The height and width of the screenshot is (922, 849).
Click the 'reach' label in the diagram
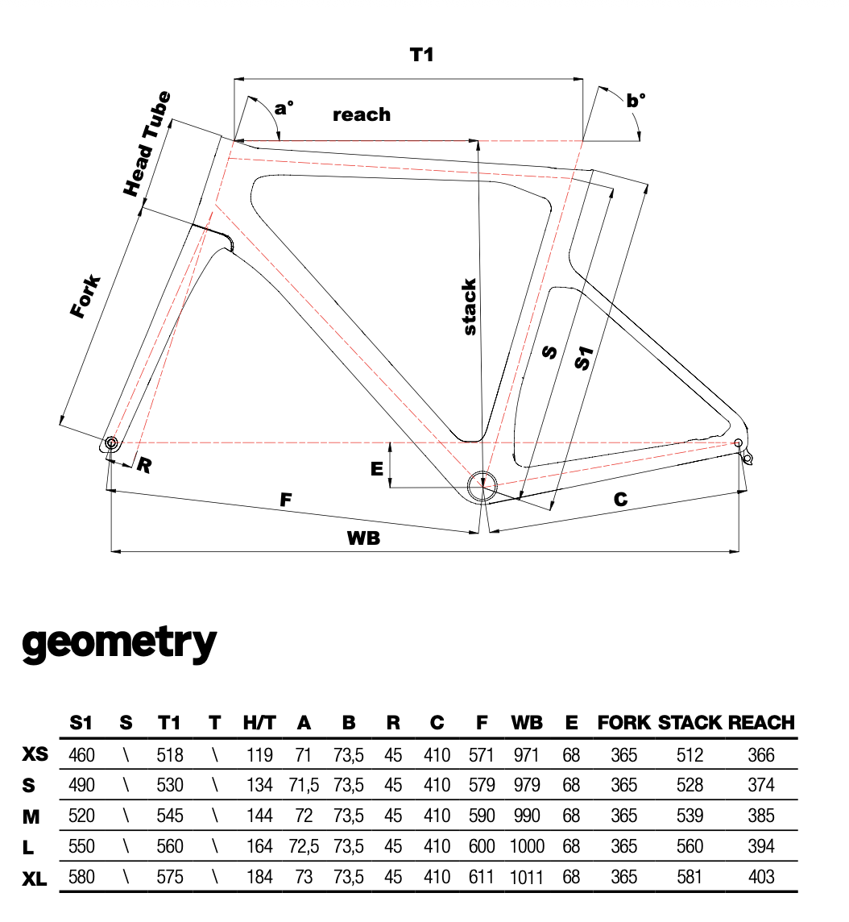[x=362, y=114]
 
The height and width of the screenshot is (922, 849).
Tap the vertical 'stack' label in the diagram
[x=469, y=307]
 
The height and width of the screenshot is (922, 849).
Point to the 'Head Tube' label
[x=147, y=145]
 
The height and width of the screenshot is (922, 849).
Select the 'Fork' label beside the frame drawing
[x=85, y=297]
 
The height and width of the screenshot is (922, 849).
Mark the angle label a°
[x=284, y=107]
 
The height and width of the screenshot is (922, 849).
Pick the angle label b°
[x=636, y=100]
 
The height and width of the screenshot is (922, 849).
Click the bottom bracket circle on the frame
[x=482, y=485]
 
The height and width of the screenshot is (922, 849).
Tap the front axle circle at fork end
[x=110, y=442]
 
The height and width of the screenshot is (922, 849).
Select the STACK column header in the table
[x=690, y=723]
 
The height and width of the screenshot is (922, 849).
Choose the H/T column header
[x=259, y=723]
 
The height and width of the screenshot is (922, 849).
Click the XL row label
[x=35, y=877]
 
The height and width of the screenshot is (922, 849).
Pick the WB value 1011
[x=527, y=877]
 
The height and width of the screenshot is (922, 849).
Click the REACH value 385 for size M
[x=760, y=816]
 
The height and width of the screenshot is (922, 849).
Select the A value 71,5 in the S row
[x=304, y=785]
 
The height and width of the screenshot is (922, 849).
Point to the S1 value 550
[x=81, y=846]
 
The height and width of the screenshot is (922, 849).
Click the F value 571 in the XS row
[x=482, y=755]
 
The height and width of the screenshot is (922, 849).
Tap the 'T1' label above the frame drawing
[x=422, y=55]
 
